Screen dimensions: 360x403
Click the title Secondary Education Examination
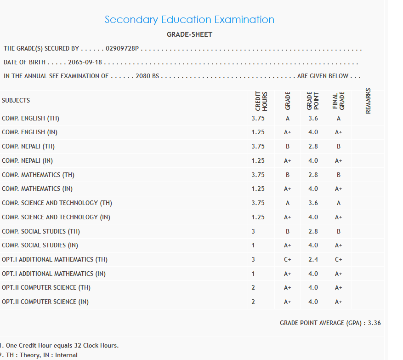click(x=189, y=20)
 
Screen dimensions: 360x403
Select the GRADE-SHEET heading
click(x=189, y=34)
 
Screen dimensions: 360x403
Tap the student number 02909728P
click(x=122, y=48)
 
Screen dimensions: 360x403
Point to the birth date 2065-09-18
click(x=85, y=63)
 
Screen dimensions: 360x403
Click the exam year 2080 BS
click(x=147, y=76)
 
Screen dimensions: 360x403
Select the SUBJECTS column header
click(x=16, y=100)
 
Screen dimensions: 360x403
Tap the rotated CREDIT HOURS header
click(x=261, y=101)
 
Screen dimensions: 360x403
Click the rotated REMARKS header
click(x=368, y=100)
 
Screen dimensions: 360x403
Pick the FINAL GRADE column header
click(x=338, y=101)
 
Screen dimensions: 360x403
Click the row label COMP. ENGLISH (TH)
click(x=30, y=118)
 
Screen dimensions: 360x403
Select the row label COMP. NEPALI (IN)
click(x=28, y=160)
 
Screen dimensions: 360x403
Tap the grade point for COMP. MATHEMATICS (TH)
click(x=313, y=175)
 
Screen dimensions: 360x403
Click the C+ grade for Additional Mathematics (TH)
click(x=288, y=259)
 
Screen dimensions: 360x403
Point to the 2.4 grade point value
click(x=313, y=259)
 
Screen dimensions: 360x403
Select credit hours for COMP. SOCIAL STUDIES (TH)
click(x=253, y=231)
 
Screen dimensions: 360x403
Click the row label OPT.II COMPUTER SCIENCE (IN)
click(x=45, y=302)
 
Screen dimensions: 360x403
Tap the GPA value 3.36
click(x=374, y=323)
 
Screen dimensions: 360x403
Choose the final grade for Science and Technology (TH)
click(x=338, y=203)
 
